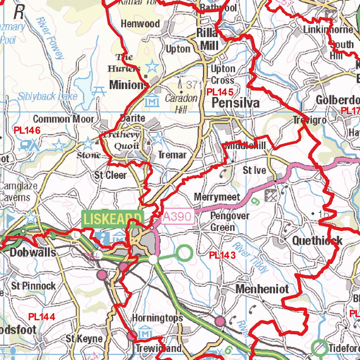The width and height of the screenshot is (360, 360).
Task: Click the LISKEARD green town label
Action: pyautogui.click(x=112, y=219)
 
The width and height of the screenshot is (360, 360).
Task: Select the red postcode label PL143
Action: pyautogui.click(x=222, y=255)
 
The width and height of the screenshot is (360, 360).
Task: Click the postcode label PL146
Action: pyautogui.click(x=27, y=130)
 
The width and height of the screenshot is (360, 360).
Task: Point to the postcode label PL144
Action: pyautogui.click(x=41, y=317)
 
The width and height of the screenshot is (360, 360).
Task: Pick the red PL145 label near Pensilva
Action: pyautogui.click(x=220, y=92)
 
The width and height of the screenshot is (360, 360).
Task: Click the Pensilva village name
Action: pyautogui.click(x=236, y=103)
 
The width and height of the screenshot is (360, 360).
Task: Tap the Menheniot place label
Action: pyautogui.click(x=262, y=289)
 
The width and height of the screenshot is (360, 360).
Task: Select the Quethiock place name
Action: pyautogui.click(x=317, y=240)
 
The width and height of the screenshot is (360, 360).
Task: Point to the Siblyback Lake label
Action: pyautogui.click(x=47, y=96)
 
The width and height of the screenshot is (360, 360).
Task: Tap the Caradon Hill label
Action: pyautogui.click(x=181, y=103)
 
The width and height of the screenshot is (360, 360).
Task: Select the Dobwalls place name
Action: pyautogui.click(x=33, y=252)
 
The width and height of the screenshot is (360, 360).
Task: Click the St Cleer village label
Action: pyautogui.click(x=110, y=175)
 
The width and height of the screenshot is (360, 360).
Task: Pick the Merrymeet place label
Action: pyautogui.click(x=217, y=197)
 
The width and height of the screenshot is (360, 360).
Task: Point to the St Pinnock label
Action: pyautogui.click(x=33, y=285)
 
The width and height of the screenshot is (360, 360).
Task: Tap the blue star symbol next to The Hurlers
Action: pyautogui.click(x=152, y=66)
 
